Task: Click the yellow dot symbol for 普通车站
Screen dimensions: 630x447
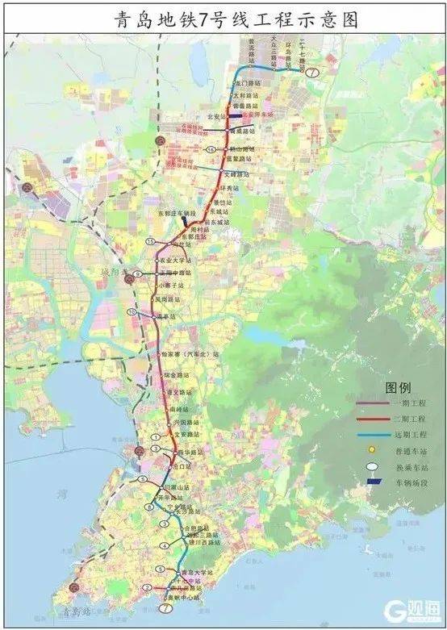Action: pyautogui.click(x=372, y=449)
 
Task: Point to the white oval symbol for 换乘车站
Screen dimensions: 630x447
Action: pyautogui.click(x=372, y=465)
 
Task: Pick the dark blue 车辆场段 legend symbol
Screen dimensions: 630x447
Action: pyautogui.click(x=372, y=482)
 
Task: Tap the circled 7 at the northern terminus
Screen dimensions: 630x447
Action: pyautogui.click(x=311, y=72)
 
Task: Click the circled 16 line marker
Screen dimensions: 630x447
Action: pyautogui.click(x=211, y=150)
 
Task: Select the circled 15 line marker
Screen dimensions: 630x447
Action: pyautogui.click(x=151, y=241)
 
